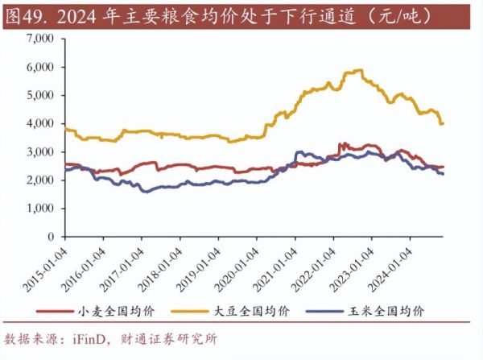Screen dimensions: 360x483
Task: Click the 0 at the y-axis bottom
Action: [55, 237]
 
